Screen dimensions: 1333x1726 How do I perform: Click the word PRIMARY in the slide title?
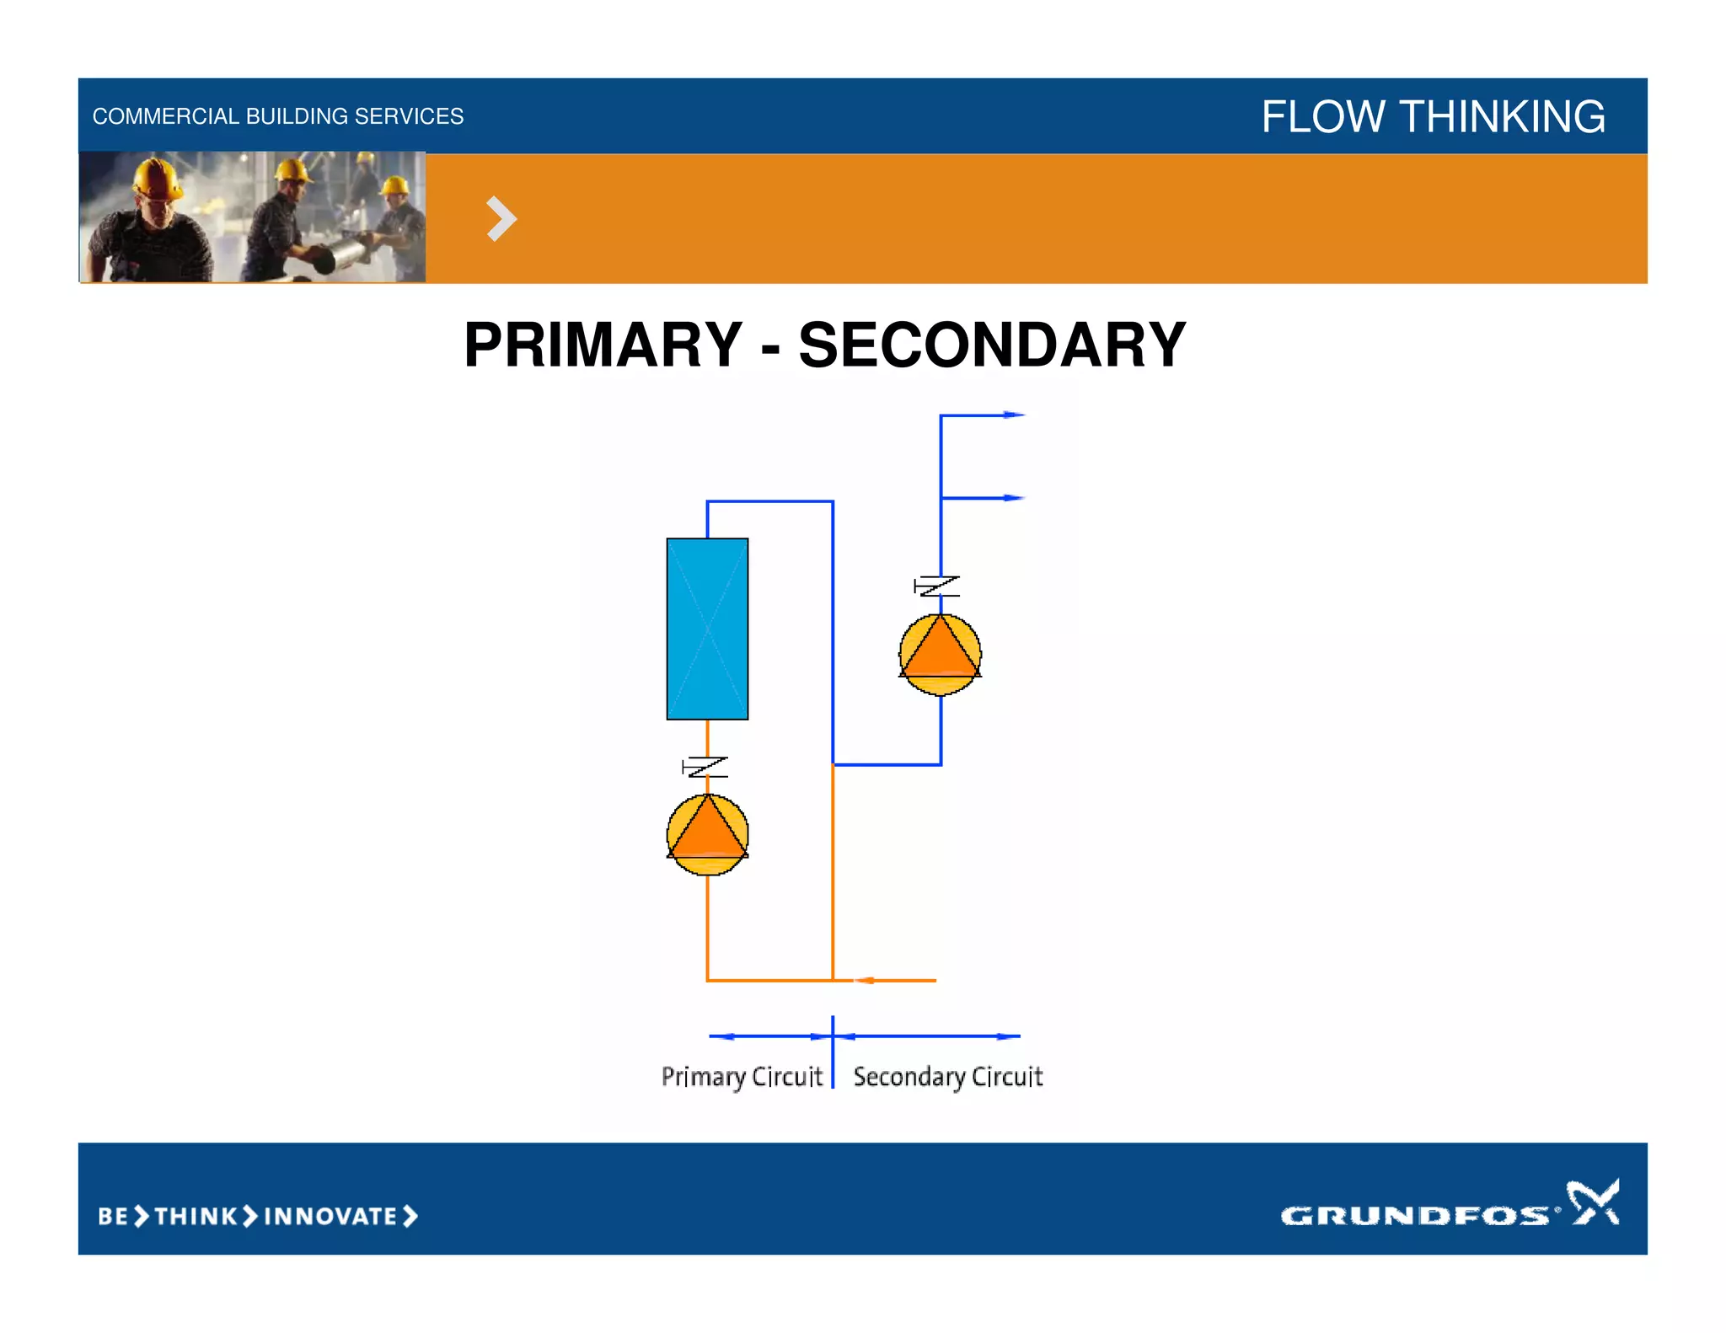click(x=603, y=345)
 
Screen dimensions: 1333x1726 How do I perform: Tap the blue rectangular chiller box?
click(x=707, y=629)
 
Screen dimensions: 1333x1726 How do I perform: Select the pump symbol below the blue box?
click(x=707, y=834)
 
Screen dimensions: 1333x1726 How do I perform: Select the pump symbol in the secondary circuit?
click(x=940, y=655)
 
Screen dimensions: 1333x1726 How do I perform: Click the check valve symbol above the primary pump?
click(x=705, y=767)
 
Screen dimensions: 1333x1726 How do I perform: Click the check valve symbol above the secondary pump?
click(x=937, y=586)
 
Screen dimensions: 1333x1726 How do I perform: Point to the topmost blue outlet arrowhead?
click(x=1014, y=415)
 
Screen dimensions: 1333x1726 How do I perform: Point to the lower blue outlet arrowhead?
click(x=1014, y=498)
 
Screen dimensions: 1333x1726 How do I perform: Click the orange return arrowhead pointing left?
click(x=864, y=980)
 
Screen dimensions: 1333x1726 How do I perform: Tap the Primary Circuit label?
click(x=742, y=1077)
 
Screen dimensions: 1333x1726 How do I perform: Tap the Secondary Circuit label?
click(x=947, y=1077)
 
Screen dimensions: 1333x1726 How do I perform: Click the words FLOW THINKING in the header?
click(x=1433, y=116)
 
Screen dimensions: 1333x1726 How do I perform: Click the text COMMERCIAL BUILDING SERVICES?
click(x=277, y=116)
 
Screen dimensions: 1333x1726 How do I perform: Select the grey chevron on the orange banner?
click(x=501, y=219)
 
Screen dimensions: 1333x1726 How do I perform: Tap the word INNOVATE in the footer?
click(x=330, y=1216)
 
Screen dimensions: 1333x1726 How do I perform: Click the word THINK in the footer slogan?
click(x=196, y=1216)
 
